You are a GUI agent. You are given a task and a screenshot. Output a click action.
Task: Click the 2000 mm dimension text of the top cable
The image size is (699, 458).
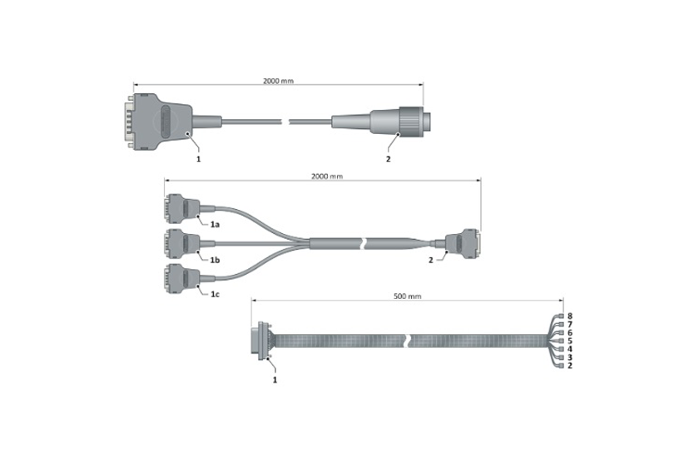(278, 82)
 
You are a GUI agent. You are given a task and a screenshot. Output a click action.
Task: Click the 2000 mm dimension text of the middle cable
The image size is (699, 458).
(326, 177)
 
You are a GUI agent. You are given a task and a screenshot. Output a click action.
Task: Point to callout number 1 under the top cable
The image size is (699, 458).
(198, 156)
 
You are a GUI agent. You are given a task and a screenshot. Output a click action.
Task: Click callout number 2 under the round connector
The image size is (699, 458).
(388, 156)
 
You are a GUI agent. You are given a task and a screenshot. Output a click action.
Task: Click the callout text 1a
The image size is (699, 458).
(215, 225)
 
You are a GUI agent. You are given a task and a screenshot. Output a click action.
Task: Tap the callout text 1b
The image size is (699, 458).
(215, 261)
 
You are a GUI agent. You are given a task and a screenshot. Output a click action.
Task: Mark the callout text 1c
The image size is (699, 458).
(215, 295)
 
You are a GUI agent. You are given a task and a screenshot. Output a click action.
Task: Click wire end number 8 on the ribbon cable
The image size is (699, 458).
(570, 316)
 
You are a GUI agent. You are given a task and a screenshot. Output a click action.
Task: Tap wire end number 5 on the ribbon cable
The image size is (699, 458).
(570, 341)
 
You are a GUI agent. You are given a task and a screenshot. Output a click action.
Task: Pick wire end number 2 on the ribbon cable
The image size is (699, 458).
(570, 366)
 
